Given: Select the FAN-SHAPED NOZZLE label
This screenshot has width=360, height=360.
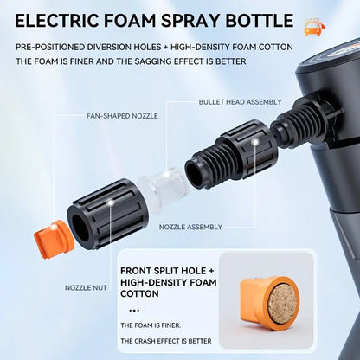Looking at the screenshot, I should [120, 114].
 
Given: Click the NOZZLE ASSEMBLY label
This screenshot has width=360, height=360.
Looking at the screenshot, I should [191, 227].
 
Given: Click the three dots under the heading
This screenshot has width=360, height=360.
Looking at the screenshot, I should [134, 309].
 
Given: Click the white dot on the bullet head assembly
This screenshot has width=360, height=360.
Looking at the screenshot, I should [255, 139].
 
